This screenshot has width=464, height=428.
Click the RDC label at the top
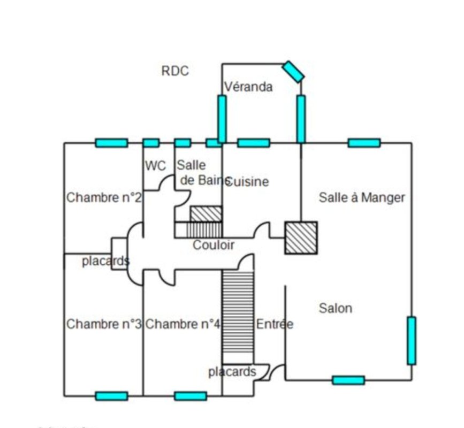175,71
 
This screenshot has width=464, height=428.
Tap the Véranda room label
248,86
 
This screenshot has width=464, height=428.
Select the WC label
155,166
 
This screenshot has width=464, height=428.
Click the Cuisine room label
248,182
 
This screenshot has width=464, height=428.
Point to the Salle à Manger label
362,197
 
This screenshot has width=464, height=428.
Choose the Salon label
336,308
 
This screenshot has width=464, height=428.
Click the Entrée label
275,324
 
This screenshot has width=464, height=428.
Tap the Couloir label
214,245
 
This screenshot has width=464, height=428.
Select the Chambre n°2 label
104,197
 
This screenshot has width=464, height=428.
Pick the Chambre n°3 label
104,324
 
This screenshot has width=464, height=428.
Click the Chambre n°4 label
182,324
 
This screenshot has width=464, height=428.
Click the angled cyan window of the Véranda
293,71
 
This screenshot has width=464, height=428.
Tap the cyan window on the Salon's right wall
411,340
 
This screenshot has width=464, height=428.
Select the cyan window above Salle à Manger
364,143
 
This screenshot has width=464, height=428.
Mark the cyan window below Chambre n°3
111,396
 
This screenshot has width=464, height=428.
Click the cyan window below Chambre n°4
191,396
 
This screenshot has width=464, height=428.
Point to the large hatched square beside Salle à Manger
301,238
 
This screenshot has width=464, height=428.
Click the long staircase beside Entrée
238,316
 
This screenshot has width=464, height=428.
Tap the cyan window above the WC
151,143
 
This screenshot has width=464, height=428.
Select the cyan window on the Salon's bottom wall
348,380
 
